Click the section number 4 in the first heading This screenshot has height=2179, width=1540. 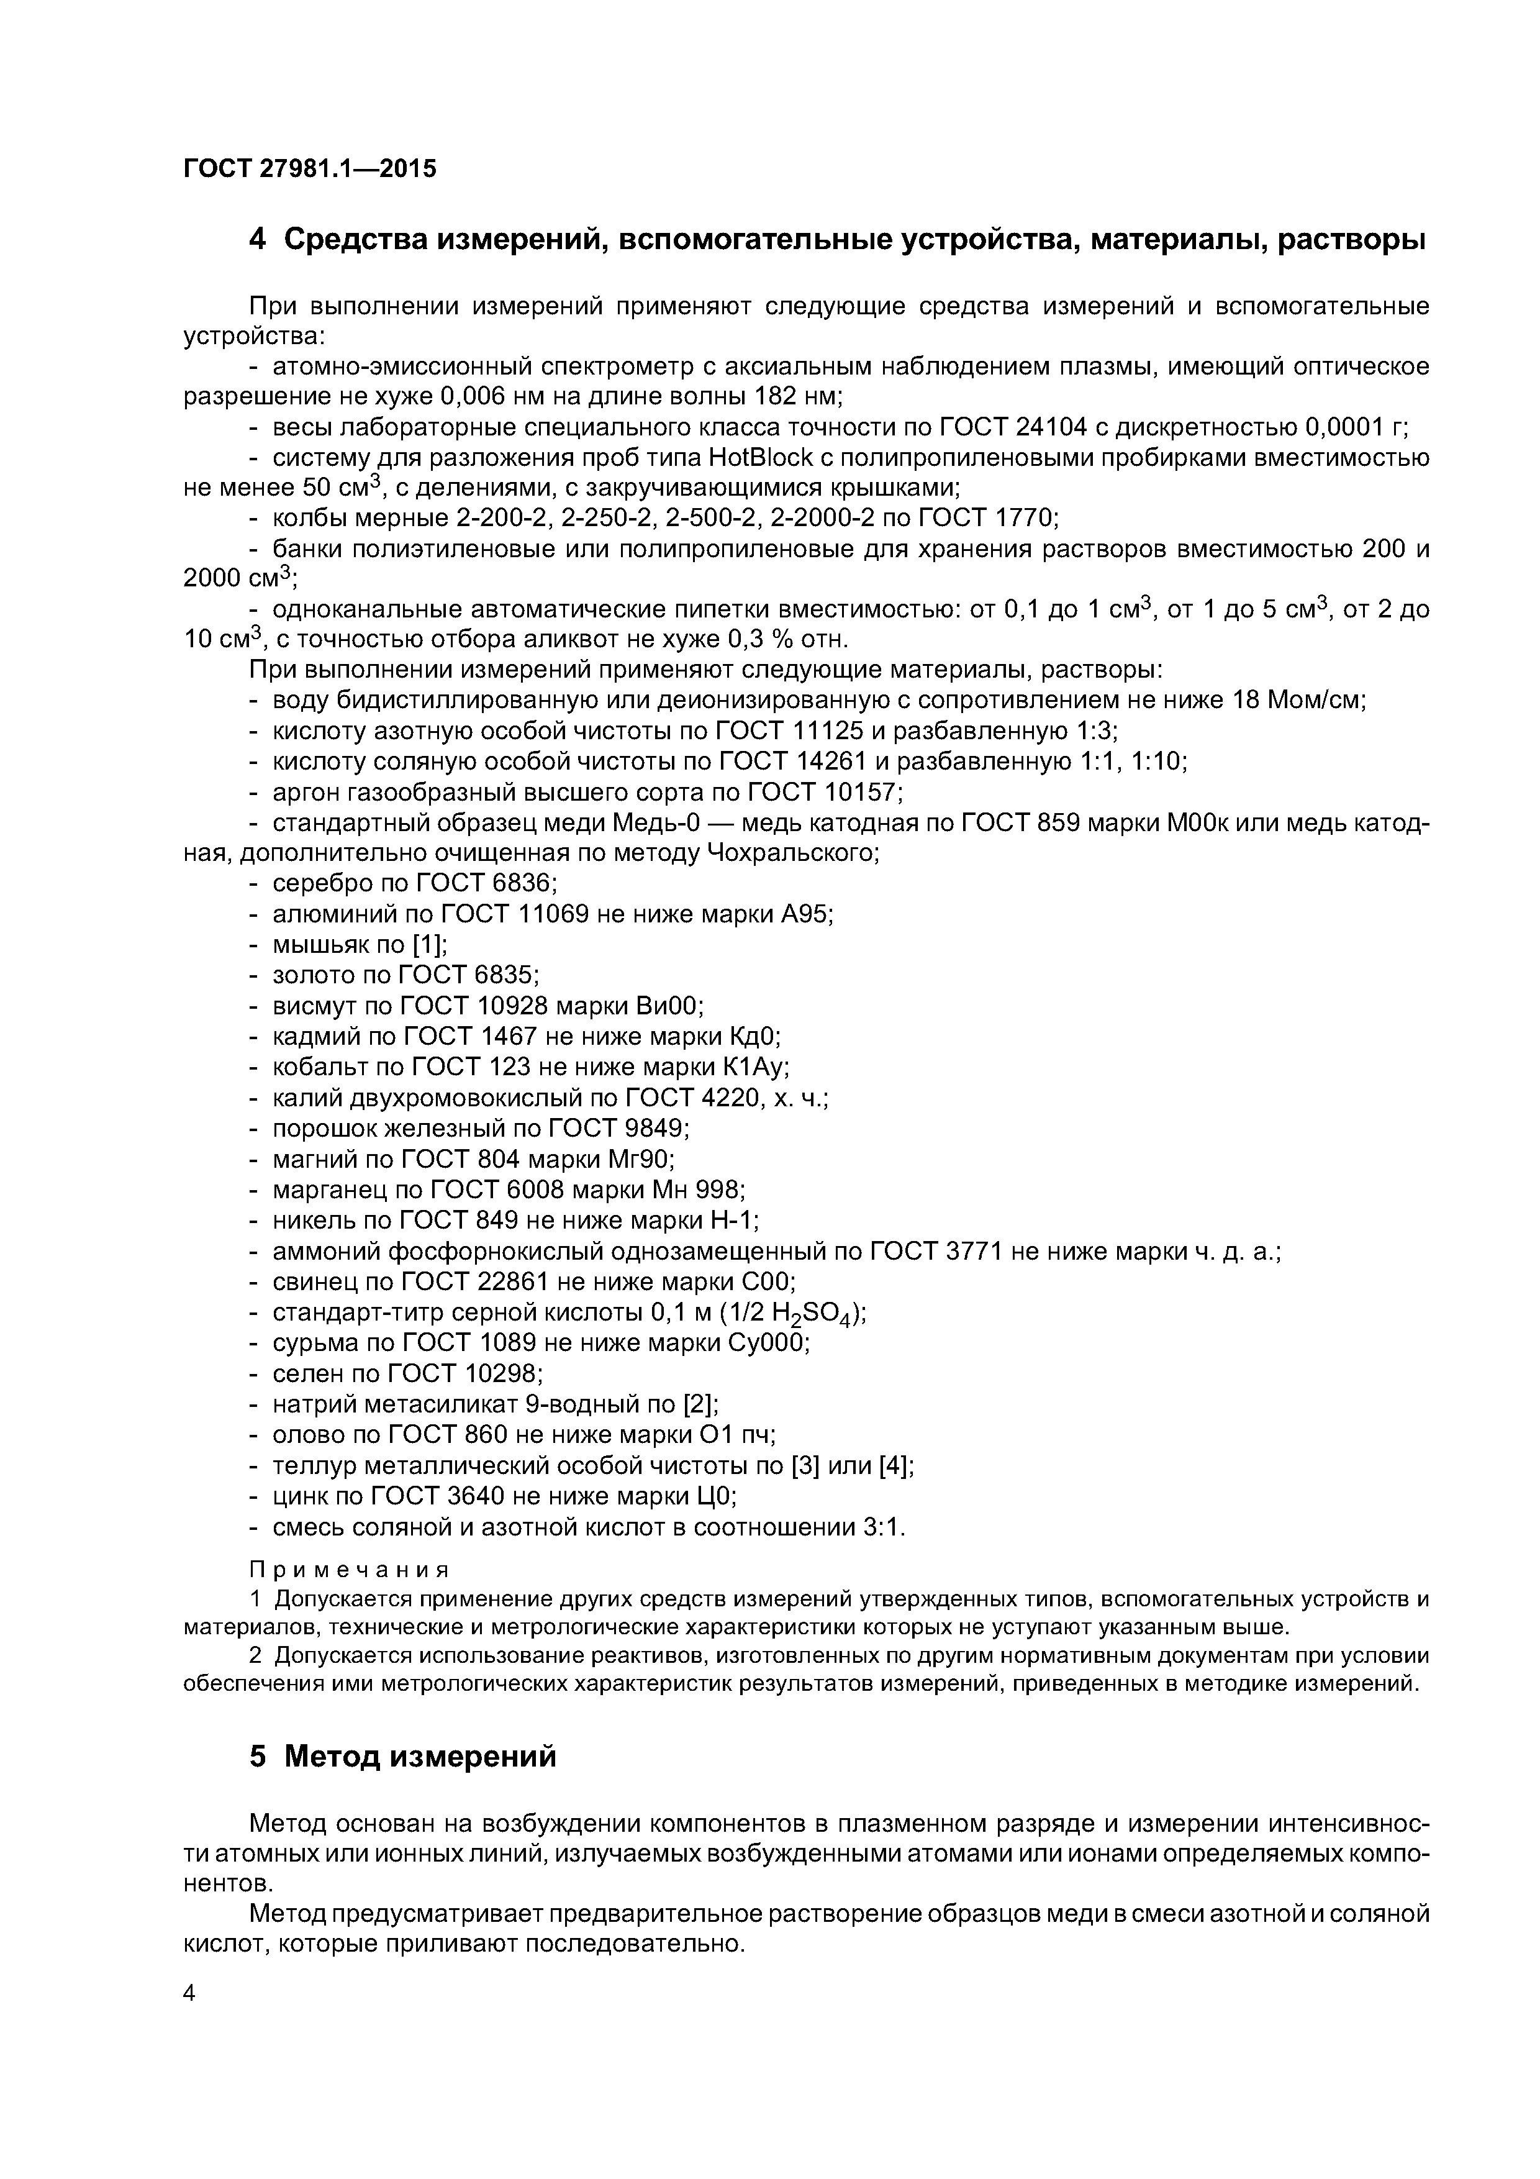(x=257, y=240)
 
